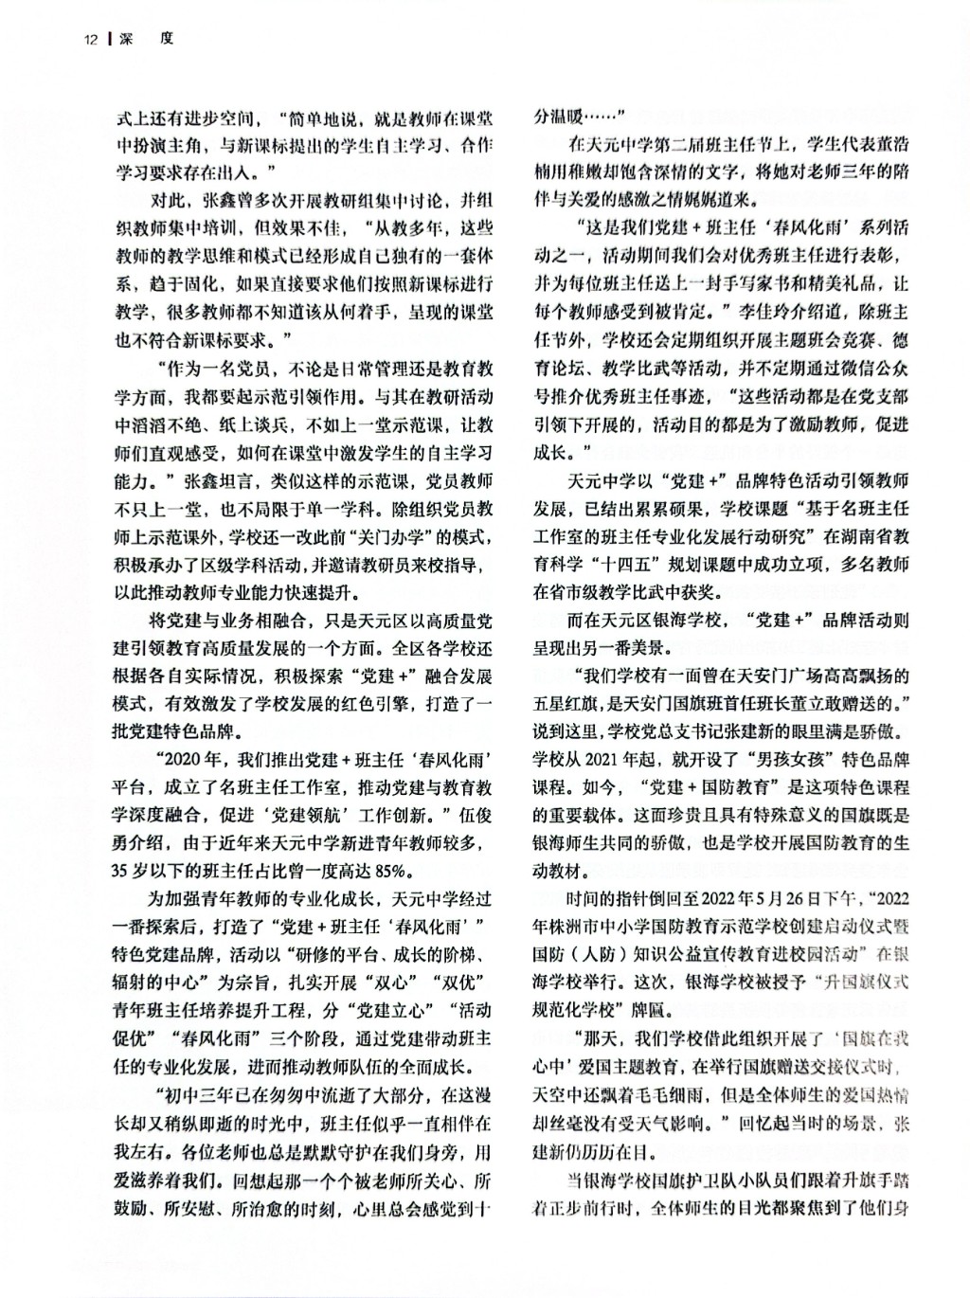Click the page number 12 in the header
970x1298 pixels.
coord(91,39)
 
